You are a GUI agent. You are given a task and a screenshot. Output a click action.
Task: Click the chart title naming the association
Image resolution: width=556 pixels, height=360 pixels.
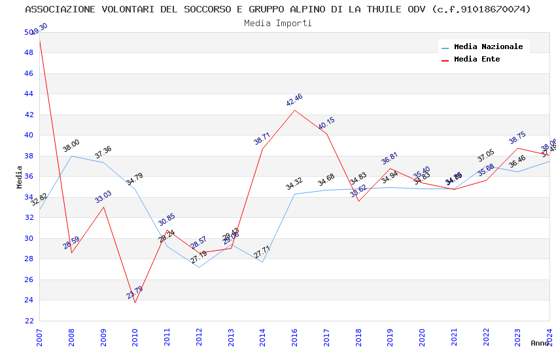tap(278, 9)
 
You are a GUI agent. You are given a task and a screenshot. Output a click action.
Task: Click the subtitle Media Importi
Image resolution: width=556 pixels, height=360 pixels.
tap(278, 23)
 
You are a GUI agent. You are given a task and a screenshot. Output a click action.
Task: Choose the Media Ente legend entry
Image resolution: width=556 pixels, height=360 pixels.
tap(477, 59)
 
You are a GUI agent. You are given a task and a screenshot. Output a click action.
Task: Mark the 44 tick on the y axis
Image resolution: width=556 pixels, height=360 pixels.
tap(29, 94)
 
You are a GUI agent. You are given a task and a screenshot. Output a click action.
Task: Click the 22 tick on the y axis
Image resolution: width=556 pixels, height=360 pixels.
tap(29, 321)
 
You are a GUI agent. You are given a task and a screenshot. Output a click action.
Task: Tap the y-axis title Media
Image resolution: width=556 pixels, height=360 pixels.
tap(19, 177)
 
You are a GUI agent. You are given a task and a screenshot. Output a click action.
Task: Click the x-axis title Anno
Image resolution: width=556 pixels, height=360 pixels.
tap(540, 343)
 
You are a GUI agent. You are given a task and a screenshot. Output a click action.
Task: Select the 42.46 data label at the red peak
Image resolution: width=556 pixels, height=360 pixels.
tap(294, 100)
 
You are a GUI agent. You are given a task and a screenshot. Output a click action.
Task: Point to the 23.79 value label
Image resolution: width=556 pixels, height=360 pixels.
tap(135, 293)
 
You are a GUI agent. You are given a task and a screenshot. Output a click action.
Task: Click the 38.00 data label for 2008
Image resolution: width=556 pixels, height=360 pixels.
tap(71, 146)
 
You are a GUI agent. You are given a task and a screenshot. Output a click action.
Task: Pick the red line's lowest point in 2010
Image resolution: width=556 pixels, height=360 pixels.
tap(135, 302)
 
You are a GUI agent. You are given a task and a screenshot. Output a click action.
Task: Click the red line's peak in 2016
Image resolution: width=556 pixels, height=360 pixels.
tap(294, 109)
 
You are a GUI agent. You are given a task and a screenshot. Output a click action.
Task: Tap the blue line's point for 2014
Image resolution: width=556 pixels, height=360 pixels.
tap(263, 262)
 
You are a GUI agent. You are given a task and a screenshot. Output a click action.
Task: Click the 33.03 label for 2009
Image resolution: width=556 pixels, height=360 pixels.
tap(103, 197)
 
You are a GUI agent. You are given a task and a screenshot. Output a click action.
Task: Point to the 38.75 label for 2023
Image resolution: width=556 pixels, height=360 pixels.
tap(517, 138)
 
